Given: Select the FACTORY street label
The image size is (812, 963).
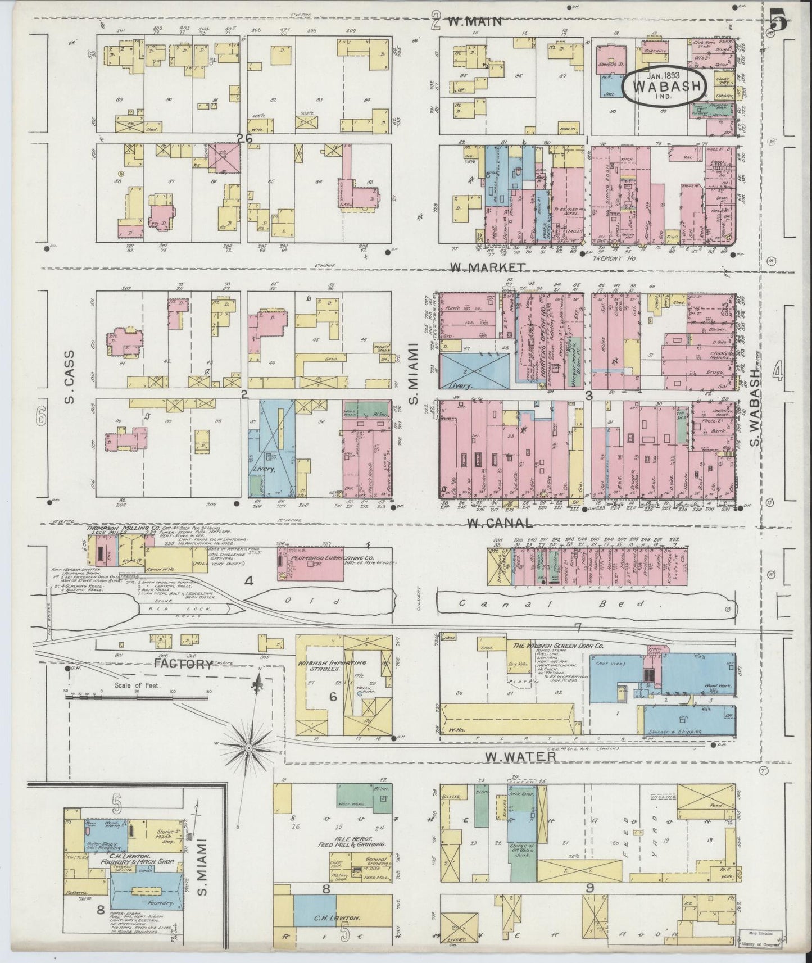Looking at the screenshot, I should coord(184,664).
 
